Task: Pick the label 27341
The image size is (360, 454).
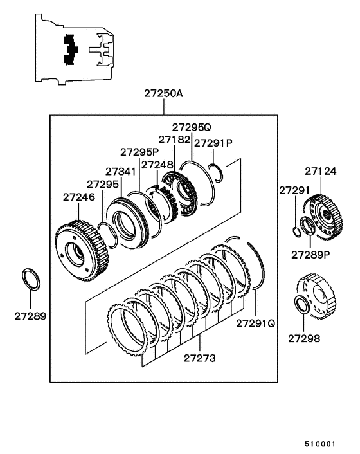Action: click(120, 172)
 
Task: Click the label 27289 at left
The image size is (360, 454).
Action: click(32, 316)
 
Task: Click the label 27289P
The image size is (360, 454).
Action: click(310, 254)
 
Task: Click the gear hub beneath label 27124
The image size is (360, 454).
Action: click(325, 212)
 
